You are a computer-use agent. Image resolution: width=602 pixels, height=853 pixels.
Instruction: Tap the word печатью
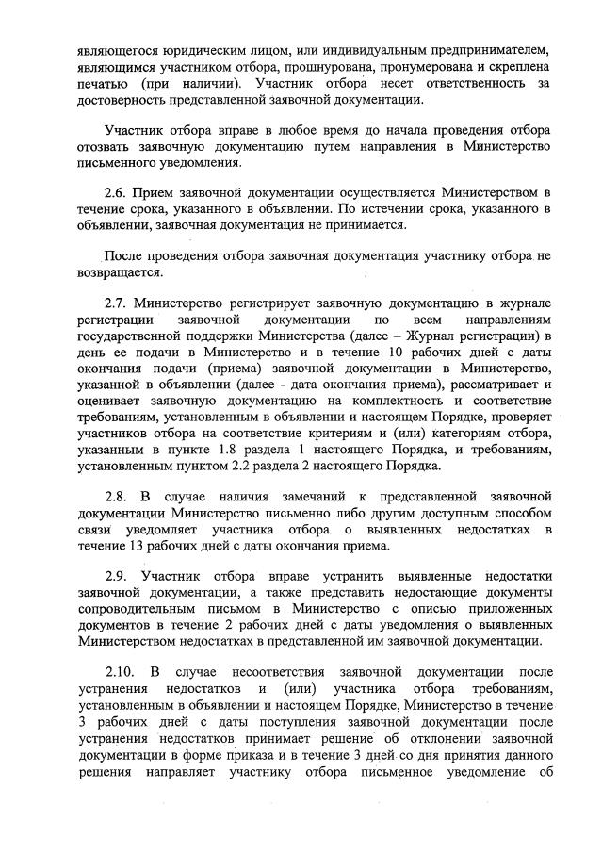click(102, 84)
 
